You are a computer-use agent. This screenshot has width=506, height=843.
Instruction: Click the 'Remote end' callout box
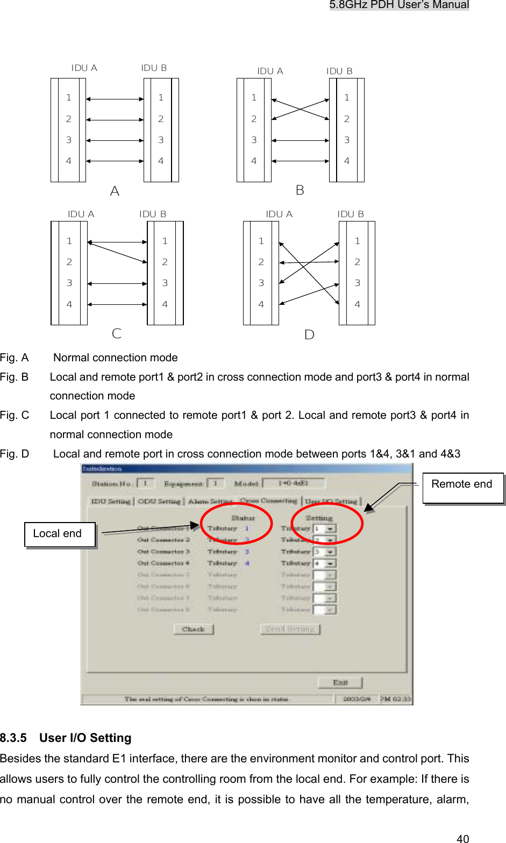tap(462, 488)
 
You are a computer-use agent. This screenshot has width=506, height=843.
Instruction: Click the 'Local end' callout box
tap(60, 534)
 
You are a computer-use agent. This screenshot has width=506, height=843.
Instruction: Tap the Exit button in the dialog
tap(340, 682)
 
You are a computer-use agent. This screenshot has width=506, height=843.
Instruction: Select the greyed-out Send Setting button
tap(290, 629)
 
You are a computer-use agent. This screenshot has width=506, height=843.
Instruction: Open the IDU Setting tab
tap(111, 501)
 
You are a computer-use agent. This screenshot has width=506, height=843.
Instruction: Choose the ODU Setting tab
tap(159, 501)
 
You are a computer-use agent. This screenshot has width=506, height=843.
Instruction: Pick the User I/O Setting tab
tap(331, 501)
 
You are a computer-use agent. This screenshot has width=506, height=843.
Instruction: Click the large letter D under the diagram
tap(309, 335)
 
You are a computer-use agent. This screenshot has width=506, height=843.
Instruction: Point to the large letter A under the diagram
tap(115, 191)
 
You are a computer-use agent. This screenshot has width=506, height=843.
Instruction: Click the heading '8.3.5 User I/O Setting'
tap(66, 738)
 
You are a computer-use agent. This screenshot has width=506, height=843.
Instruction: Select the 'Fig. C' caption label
tap(15, 415)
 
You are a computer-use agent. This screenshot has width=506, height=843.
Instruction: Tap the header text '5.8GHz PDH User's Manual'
tap(399, 5)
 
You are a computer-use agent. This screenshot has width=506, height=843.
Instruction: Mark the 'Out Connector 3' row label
tap(163, 552)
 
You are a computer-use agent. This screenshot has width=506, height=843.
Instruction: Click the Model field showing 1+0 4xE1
tap(293, 483)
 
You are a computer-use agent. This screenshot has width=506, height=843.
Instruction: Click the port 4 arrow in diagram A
tap(115, 161)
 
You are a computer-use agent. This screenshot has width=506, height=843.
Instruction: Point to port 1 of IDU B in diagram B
tap(347, 97)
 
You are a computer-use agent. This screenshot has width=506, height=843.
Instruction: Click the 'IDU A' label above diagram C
tap(81, 214)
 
